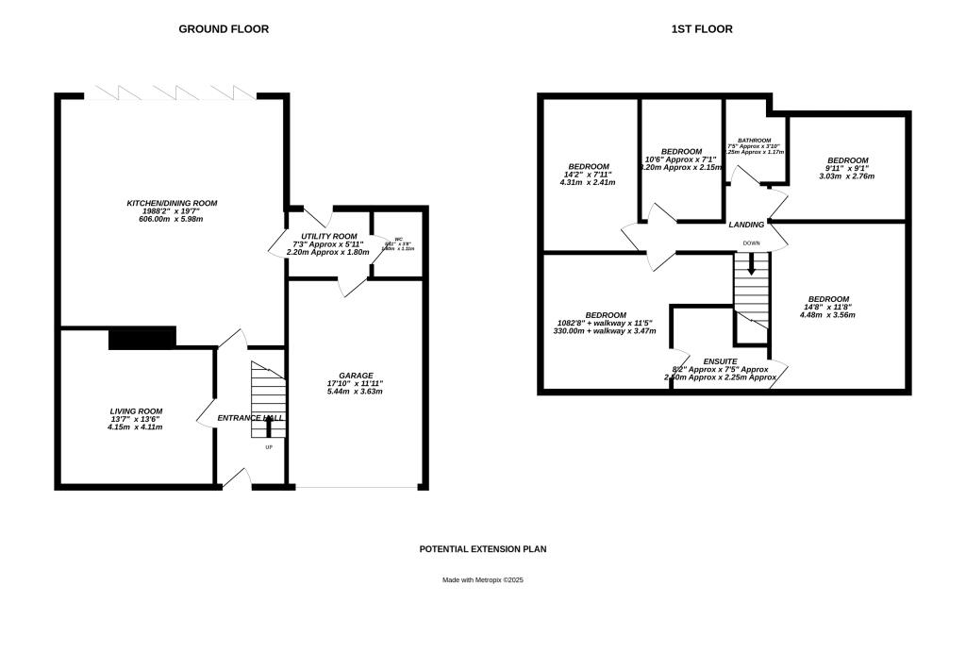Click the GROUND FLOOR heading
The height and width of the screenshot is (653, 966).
pyautogui.click(x=224, y=29)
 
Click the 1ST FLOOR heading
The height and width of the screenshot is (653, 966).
pyautogui.click(x=701, y=29)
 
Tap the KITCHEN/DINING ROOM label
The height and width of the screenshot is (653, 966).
pyautogui.click(x=173, y=203)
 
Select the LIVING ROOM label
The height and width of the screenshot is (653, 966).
pyautogui.click(x=137, y=411)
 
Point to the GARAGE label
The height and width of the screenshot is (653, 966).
pyautogui.click(x=356, y=376)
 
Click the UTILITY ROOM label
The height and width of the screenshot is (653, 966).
pyautogui.click(x=328, y=236)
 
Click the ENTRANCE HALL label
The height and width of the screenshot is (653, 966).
pyautogui.click(x=251, y=418)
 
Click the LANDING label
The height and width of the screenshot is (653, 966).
pyautogui.click(x=746, y=225)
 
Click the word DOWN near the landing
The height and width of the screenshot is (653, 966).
pyautogui.click(x=751, y=243)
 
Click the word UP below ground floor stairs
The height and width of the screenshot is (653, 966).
pyautogui.click(x=268, y=447)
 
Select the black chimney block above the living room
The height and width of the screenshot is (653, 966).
pyautogui.click(x=142, y=338)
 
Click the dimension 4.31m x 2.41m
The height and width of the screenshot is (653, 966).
pyautogui.click(x=588, y=182)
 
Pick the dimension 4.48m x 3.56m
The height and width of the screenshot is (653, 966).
pyautogui.click(x=828, y=315)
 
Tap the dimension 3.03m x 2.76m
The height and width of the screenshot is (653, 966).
pyautogui.click(x=846, y=176)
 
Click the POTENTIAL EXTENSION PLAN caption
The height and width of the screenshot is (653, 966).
pyautogui.click(x=483, y=548)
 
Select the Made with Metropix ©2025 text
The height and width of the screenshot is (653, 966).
pyautogui.click(x=483, y=580)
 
